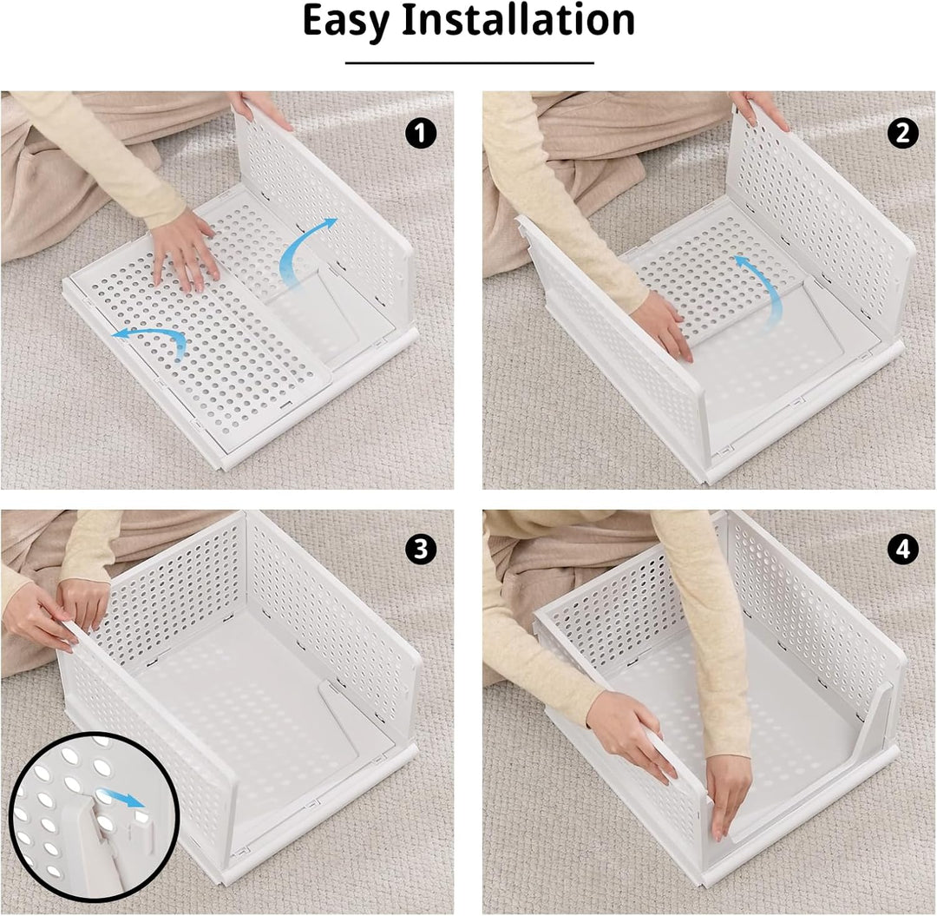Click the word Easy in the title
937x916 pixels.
click(x=345, y=22)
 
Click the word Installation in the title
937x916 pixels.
click(x=517, y=20)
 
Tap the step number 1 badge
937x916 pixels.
click(x=421, y=133)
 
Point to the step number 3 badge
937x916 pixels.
click(x=421, y=549)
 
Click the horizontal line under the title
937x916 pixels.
click(x=469, y=63)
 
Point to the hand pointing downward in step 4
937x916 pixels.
click(x=727, y=796)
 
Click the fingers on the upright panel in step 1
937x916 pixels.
click(x=260, y=110)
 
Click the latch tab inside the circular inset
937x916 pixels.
click(x=142, y=826)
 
